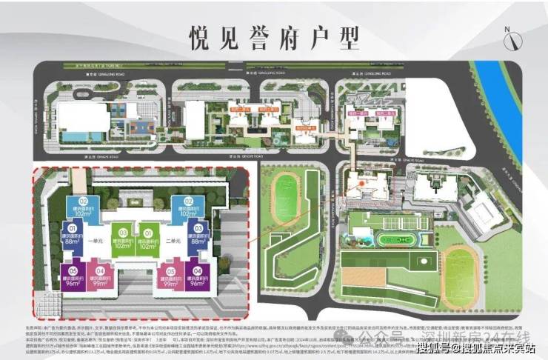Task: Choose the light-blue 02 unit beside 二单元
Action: (x=181, y=207)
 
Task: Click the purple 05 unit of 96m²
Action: (x=73, y=275)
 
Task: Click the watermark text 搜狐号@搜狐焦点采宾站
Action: (x=475, y=348)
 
